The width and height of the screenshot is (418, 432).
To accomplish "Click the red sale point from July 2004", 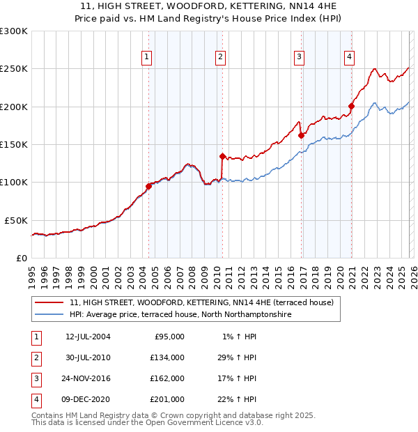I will point(148,186).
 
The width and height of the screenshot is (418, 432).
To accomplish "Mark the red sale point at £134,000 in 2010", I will point(222,157).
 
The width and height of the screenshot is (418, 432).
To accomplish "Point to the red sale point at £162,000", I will point(301,136).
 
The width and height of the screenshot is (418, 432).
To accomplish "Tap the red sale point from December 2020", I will point(352,107).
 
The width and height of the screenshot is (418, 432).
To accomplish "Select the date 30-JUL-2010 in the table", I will point(88,357).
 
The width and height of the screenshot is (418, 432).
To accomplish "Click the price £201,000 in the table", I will point(168,399).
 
